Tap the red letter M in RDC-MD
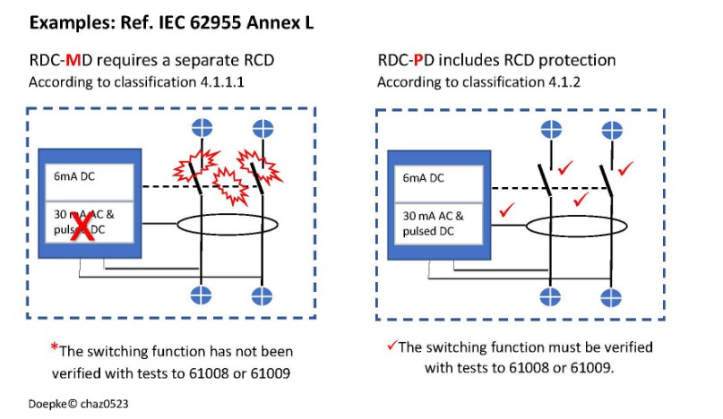point(66,61)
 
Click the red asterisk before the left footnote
point(54,346)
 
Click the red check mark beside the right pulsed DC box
point(509,210)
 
